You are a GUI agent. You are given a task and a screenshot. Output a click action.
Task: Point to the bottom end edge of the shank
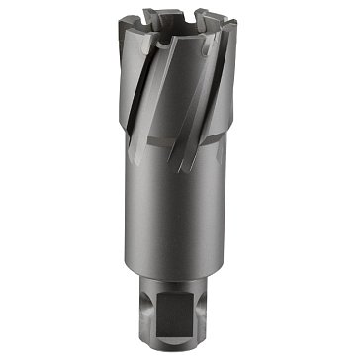click(181, 341)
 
